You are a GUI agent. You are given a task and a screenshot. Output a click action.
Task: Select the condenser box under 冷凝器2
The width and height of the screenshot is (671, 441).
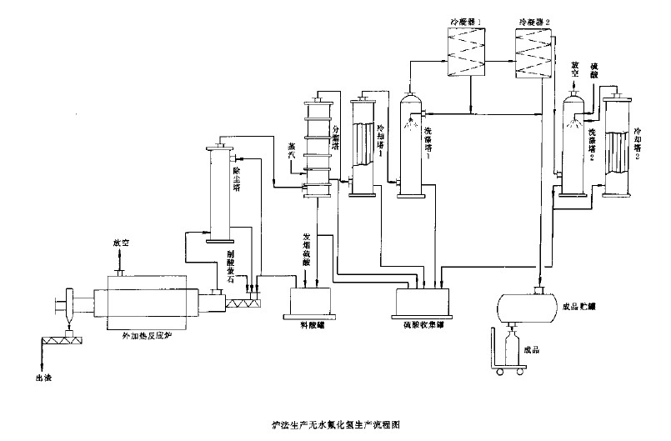click(534, 53)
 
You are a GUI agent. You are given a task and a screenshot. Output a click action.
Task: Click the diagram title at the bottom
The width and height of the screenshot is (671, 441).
click(335, 424)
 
